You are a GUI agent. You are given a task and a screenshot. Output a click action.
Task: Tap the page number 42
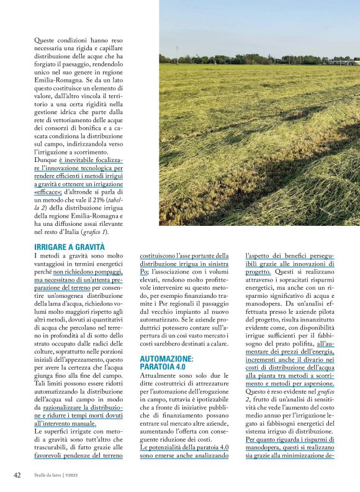coord(17,475)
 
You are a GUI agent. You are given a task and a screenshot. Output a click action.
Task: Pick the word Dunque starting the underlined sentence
coord(47,159)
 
